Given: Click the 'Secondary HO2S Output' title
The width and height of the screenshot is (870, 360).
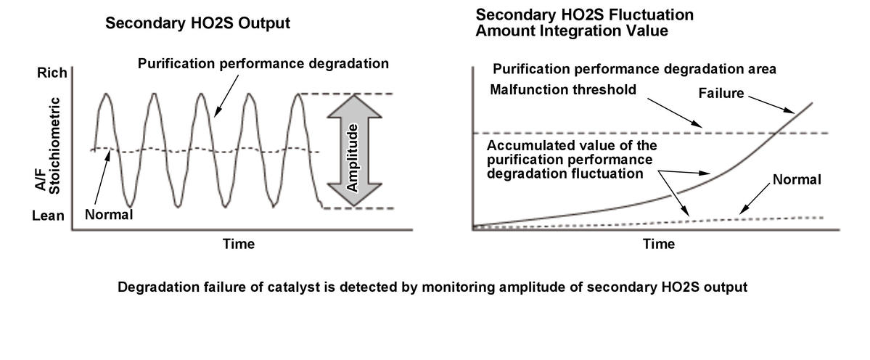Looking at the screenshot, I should tap(197, 23).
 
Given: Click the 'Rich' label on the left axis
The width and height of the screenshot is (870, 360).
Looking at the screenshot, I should tap(52, 73).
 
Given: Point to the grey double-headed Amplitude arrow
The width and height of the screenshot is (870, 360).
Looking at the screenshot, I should tap(354, 151).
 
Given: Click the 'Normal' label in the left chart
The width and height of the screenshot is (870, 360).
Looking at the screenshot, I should tap(108, 214).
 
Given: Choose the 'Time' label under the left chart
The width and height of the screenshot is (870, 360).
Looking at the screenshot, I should tap(238, 244).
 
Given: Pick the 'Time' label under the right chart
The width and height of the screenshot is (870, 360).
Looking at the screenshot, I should tap(658, 244).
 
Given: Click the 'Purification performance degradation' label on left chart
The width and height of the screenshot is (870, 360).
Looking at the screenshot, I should tap(263, 64).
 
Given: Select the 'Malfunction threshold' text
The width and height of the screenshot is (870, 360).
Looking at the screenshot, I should tap(563, 90).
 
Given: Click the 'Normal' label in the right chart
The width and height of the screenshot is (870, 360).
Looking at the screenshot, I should tap(796, 179).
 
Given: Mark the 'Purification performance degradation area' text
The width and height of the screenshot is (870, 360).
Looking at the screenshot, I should tap(635, 70).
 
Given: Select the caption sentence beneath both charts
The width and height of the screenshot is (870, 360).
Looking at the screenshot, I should tap(432, 287).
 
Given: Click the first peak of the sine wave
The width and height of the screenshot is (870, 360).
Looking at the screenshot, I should tap(107, 94).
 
